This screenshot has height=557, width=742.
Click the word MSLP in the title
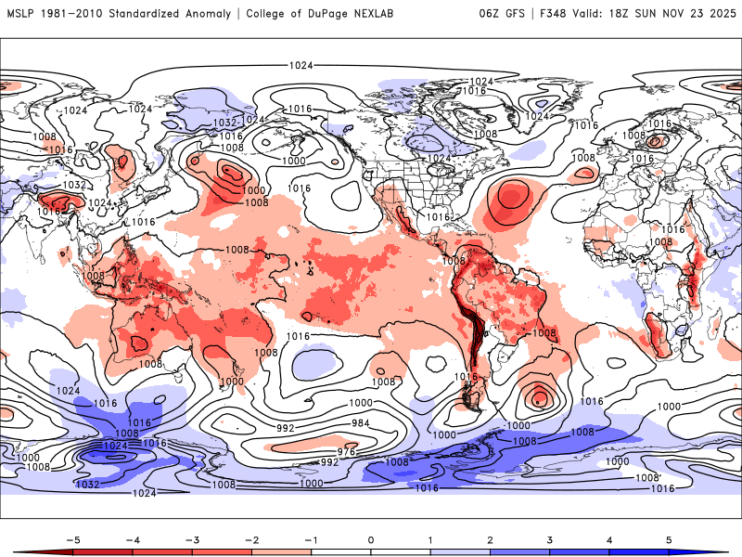[x=21, y=14]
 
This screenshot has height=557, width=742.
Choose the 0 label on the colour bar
[x=371, y=538]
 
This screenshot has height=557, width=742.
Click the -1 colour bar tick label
[x=311, y=538]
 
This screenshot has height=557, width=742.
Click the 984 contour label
[x=358, y=422]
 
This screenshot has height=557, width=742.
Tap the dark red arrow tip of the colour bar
[x=20, y=552]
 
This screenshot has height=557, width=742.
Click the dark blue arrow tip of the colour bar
[x=722, y=552]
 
